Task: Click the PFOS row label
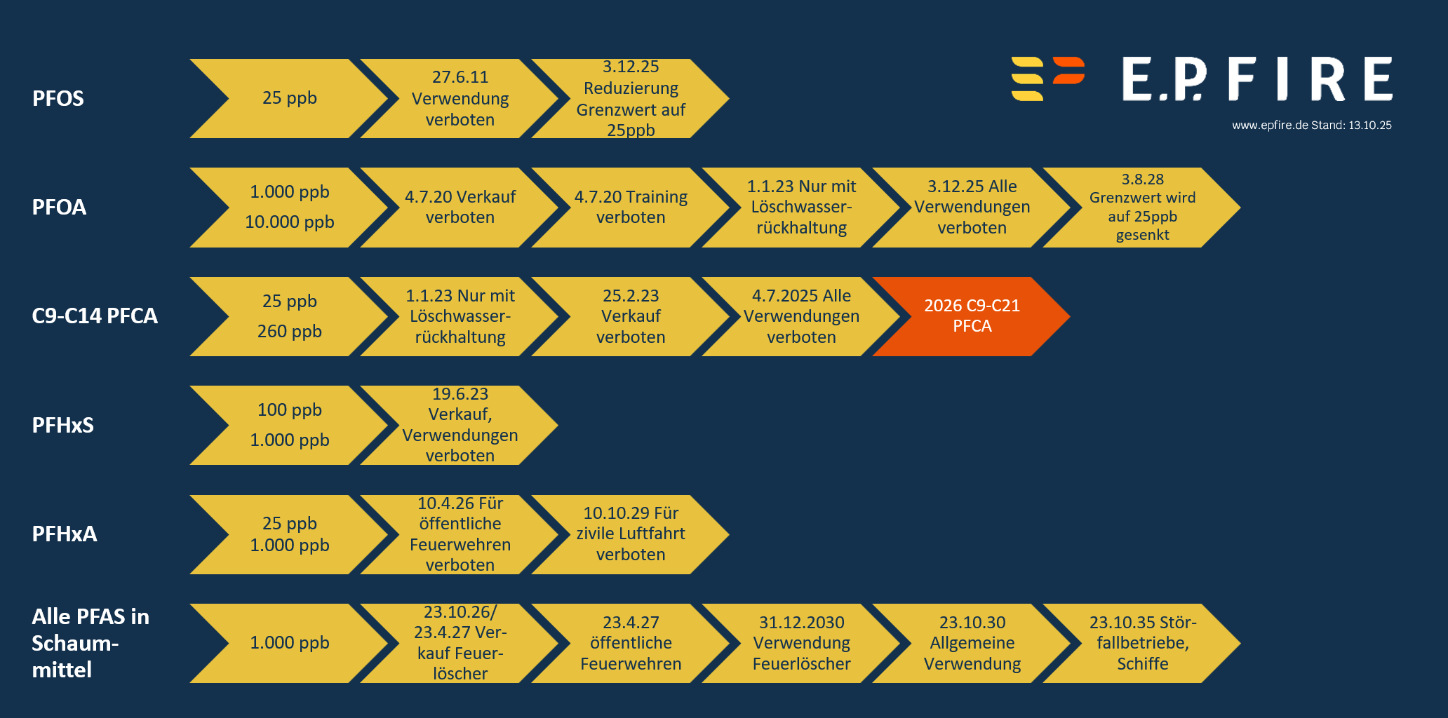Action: coord(58,98)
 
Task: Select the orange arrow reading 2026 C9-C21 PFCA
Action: coord(972,316)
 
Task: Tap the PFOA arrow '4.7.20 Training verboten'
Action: coord(631,208)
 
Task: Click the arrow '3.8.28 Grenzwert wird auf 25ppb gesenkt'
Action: coord(1142,208)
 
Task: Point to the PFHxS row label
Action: coord(62,425)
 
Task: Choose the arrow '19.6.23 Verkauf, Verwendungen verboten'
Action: coord(460,425)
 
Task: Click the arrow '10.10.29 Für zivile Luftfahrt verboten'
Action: coord(631,534)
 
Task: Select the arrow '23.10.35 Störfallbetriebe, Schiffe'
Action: coord(1142,643)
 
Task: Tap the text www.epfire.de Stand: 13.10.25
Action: coord(1312,126)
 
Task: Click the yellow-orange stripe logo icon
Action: coord(1048,79)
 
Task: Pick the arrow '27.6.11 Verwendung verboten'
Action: coord(460,98)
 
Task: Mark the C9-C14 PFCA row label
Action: coord(95,316)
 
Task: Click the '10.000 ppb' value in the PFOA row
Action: coord(290,222)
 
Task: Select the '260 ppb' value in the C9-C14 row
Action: coord(290,331)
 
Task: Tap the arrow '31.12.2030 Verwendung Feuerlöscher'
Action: coord(801,643)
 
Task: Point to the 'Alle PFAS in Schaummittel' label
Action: coord(90,643)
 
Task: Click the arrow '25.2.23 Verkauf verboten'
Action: coord(631,316)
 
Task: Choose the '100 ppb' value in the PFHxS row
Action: coord(290,409)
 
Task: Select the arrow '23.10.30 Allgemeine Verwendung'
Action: coord(972,643)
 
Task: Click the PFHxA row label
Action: coord(65,534)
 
